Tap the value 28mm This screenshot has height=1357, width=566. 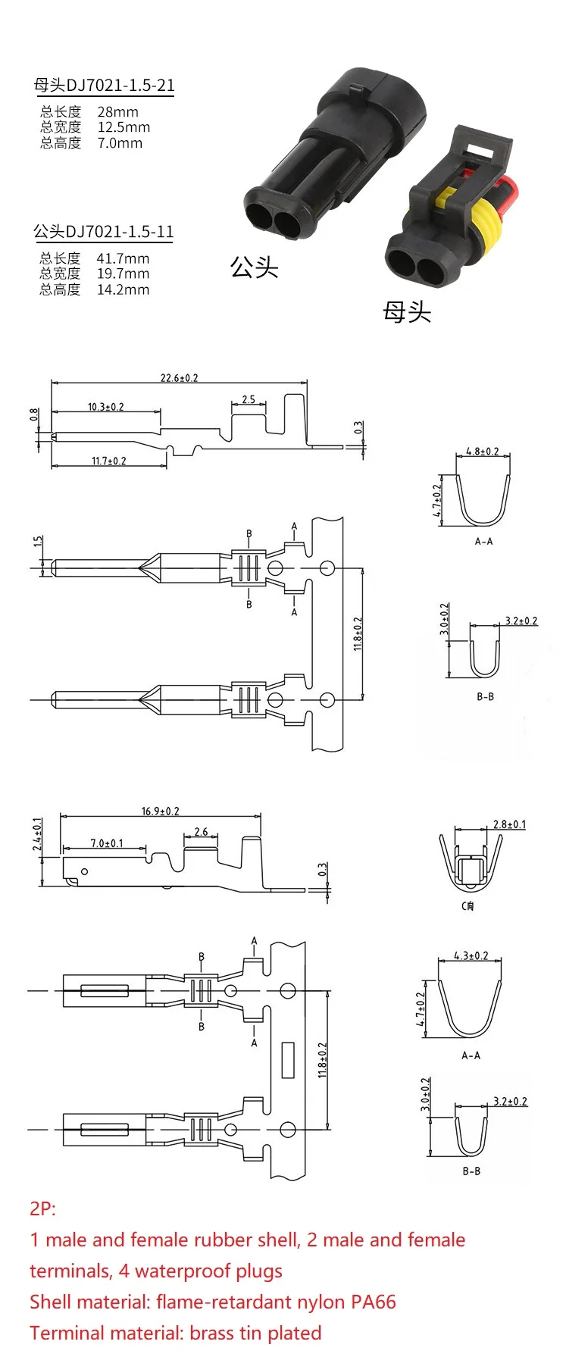(x=117, y=111)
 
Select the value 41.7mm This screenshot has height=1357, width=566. (x=123, y=258)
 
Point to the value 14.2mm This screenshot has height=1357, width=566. (x=123, y=289)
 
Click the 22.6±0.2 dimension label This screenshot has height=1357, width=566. (x=179, y=377)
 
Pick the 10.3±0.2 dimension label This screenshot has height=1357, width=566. (x=105, y=407)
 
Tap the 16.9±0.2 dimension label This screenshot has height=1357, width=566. (x=160, y=811)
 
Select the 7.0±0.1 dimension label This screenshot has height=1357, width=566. (x=106, y=843)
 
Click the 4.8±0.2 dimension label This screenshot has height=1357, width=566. (x=483, y=451)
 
